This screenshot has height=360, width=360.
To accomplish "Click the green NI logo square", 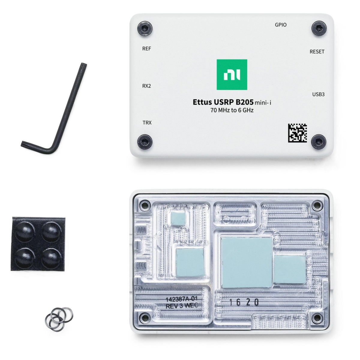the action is point(232,74).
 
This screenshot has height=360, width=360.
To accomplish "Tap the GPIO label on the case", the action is point(280,25).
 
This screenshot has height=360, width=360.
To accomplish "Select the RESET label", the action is point(317,52).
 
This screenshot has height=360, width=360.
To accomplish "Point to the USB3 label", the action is point(318,94).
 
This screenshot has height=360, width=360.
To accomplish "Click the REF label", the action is point(146,49).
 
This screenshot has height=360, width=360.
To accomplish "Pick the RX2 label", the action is point(146,86).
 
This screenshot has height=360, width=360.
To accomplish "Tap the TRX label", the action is point(147,123).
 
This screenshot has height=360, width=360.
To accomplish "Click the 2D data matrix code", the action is point(297,133).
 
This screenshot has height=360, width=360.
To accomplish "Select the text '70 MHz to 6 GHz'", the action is point(232,110).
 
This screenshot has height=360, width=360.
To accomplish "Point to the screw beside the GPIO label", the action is point(319,28).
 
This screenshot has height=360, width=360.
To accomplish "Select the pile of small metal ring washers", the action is point(59,317).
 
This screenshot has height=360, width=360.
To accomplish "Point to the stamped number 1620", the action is point(244,302).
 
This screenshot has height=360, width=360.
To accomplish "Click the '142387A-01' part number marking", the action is point(181,299).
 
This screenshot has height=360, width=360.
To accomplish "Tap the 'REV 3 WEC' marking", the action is point(181,306).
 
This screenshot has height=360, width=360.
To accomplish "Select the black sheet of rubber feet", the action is point(38,244).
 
